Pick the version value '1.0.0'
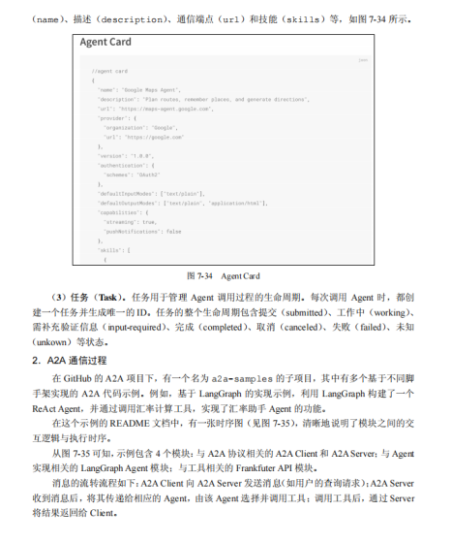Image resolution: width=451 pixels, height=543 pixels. click(141, 155)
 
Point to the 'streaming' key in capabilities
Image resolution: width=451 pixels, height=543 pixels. click(119, 221)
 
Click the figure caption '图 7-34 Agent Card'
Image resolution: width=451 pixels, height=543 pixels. click(223, 275)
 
